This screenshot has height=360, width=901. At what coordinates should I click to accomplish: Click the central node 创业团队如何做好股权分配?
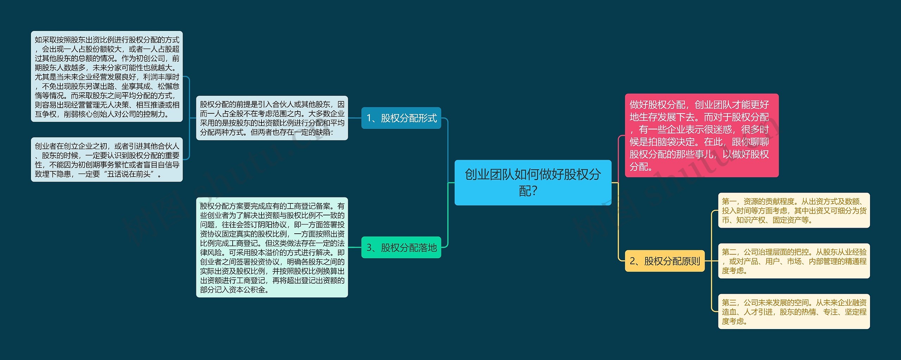533,182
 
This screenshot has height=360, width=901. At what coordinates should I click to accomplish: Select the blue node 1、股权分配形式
401,118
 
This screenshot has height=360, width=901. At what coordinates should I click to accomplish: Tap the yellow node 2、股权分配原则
664,261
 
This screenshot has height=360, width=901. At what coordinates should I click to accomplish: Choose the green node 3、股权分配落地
401,247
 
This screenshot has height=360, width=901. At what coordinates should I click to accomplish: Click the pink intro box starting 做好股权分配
701,135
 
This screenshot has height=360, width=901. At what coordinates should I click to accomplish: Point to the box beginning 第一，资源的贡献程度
794,210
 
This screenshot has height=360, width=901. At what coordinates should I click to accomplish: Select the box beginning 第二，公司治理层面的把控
794,261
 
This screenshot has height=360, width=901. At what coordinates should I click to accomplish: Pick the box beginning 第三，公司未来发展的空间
794,311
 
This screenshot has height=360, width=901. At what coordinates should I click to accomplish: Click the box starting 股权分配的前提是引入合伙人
272,118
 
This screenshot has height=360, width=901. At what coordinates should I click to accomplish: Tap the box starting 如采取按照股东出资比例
107,76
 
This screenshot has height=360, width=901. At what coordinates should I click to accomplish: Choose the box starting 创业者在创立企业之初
107,159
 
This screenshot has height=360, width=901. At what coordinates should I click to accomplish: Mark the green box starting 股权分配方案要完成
272,247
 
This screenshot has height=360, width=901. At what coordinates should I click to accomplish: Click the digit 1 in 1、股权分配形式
369,118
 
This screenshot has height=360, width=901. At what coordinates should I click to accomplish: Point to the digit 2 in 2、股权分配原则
632,261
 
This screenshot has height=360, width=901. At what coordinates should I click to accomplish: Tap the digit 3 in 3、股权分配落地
369,248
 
